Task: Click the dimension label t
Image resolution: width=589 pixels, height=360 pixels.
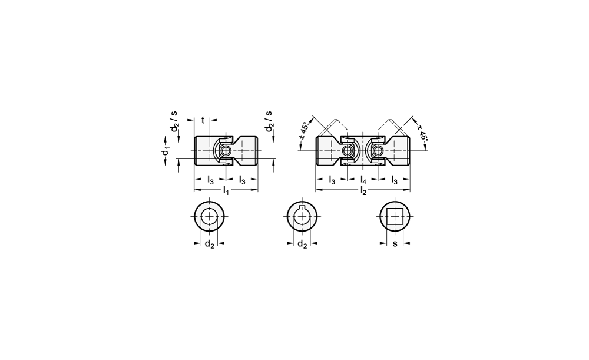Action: click(203, 120)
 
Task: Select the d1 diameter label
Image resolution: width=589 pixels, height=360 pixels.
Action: click(164, 151)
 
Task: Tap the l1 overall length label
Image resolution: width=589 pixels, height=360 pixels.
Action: click(226, 191)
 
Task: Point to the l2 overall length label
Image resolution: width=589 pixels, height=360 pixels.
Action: click(363, 191)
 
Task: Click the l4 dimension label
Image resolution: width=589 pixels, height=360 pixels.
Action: click(363, 180)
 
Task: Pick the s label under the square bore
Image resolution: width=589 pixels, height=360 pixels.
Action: click(395, 243)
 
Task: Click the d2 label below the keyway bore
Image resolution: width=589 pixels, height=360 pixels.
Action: click(302, 245)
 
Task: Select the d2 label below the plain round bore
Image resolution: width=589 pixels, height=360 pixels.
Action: click(209, 245)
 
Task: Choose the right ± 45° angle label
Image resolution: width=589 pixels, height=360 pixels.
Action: click(422, 130)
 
